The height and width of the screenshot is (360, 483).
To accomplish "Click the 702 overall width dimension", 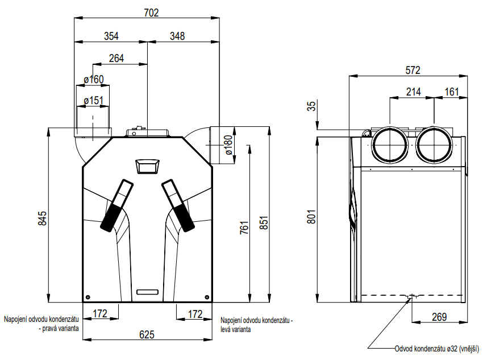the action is [147, 12].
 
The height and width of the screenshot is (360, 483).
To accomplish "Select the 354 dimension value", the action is [111, 36].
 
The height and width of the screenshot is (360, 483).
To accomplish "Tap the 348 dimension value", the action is [177, 36].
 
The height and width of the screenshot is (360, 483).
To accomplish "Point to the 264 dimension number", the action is [116, 58].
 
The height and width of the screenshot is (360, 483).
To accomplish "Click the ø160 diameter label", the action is [93, 80].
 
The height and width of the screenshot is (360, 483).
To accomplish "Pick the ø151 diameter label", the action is [93, 101].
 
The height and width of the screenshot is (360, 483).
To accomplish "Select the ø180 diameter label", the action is [228, 145].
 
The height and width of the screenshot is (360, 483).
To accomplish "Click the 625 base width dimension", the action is [147, 334].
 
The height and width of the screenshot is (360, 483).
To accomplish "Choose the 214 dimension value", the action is [413, 92].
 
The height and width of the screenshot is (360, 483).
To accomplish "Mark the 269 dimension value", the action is [438, 317].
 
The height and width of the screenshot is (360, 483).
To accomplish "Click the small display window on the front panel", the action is [147, 166].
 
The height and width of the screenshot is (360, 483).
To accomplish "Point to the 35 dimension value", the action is [311, 106].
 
